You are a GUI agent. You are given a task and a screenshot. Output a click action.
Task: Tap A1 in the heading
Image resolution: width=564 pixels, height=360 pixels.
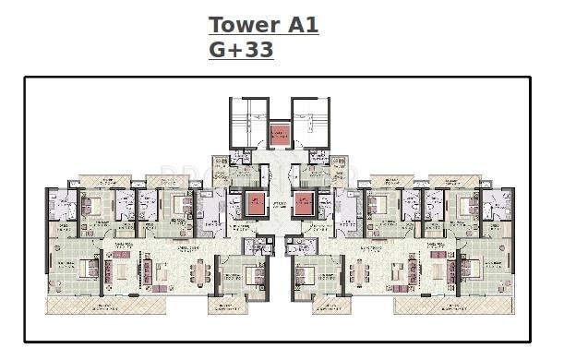click(x=301, y=25)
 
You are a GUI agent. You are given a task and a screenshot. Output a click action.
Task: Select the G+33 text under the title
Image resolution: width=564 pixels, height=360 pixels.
click(x=241, y=50)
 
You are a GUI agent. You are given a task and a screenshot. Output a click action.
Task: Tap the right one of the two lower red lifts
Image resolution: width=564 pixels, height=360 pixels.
click(x=302, y=203)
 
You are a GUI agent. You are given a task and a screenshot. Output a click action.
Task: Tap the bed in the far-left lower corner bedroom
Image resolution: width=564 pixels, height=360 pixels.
click(x=88, y=269)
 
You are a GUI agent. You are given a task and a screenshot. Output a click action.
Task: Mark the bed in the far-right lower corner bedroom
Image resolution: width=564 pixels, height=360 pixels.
click(x=468, y=269)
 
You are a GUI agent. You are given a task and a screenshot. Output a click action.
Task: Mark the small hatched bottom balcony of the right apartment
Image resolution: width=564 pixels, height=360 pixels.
click(x=331, y=307)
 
